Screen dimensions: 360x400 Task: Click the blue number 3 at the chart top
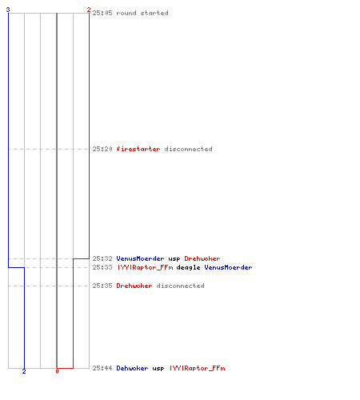pyautogui.click(x=8, y=10)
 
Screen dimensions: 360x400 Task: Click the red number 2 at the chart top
pyautogui.click(x=89, y=10)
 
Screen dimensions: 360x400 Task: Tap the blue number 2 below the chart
pyautogui.click(x=24, y=371)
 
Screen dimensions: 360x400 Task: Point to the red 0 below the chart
pyautogui.click(x=57, y=371)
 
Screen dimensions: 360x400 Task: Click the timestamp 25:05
pyautogui.click(x=102, y=13)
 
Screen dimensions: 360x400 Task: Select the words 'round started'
pyautogui.click(x=142, y=13)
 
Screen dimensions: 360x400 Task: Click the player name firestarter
pyautogui.click(x=138, y=149)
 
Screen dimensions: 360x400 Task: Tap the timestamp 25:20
pyautogui.click(x=102, y=149)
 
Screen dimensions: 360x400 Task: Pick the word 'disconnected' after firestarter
pyautogui.click(x=189, y=149)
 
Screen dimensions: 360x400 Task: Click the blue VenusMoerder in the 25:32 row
pyautogui.click(x=140, y=258)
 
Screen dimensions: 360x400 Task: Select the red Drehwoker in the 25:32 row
pyautogui.click(x=202, y=258)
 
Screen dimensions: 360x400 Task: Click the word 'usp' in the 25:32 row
pyautogui.click(x=174, y=259)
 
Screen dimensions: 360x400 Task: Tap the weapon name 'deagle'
pyautogui.click(x=188, y=267)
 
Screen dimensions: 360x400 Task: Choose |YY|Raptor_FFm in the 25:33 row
pyautogui.click(x=145, y=267)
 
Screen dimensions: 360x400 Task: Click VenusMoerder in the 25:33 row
pyautogui.click(x=228, y=267)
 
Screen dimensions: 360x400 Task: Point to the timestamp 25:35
pyautogui.click(x=102, y=286)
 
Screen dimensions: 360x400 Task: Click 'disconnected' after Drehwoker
pyautogui.click(x=181, y=286)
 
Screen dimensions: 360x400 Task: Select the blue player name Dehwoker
pyautogui.click(x=132, y=368)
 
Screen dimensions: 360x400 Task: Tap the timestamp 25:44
pyautogui.click(x=102, y=368)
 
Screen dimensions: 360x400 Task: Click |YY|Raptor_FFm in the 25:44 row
pyautogui.click(x=198, y=368)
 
